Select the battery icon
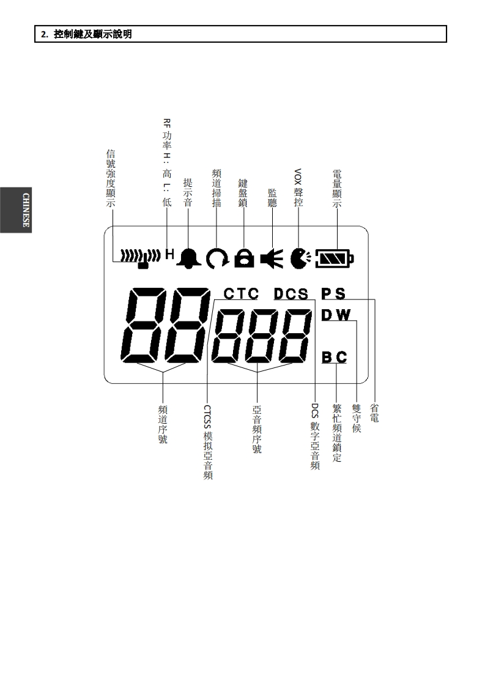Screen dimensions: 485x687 pos(334,258)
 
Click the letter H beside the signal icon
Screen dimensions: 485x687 pos(170,253)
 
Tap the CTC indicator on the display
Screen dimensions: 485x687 pos(241,294)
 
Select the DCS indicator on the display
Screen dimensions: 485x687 pos(291,294)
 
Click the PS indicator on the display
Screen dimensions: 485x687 pos(333,294)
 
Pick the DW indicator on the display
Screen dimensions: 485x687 pos(336,315)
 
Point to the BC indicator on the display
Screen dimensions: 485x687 pos(335,356)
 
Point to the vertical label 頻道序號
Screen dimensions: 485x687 pos(163,423)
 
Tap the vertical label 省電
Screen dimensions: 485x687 pos(374,413)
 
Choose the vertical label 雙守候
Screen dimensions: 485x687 pos(357,418)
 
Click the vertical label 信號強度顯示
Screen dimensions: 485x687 pos(110,179)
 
